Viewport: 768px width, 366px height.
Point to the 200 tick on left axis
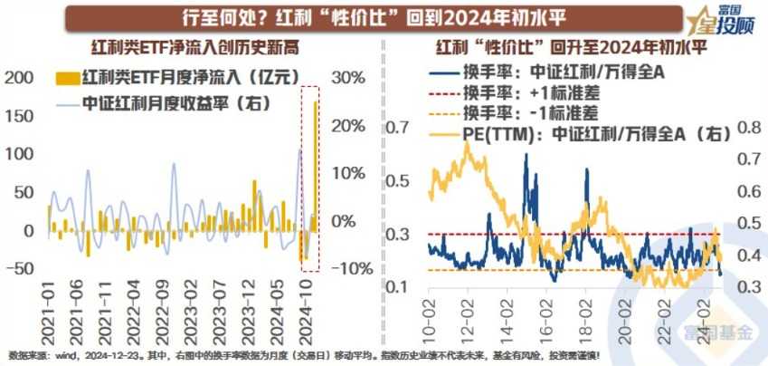coord(17,79)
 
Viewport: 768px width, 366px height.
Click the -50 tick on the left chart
coord(19,268)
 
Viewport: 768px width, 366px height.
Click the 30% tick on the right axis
coord(349,79)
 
